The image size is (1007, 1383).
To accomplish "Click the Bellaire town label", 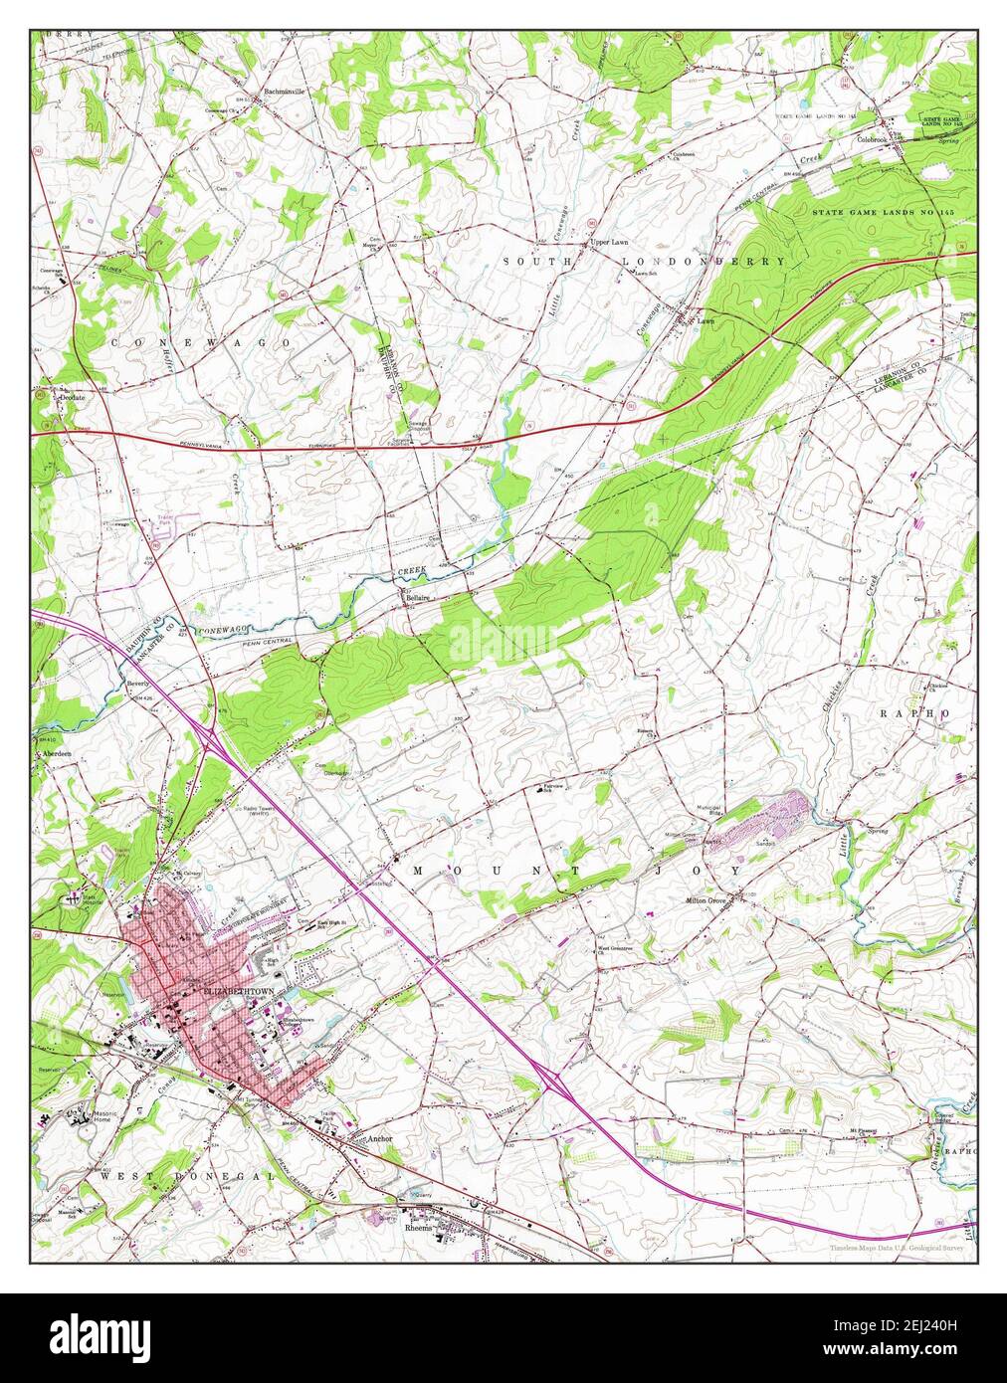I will (417, 598).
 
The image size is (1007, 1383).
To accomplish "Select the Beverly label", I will (138, 686).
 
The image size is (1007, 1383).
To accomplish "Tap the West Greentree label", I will (614, 948).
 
